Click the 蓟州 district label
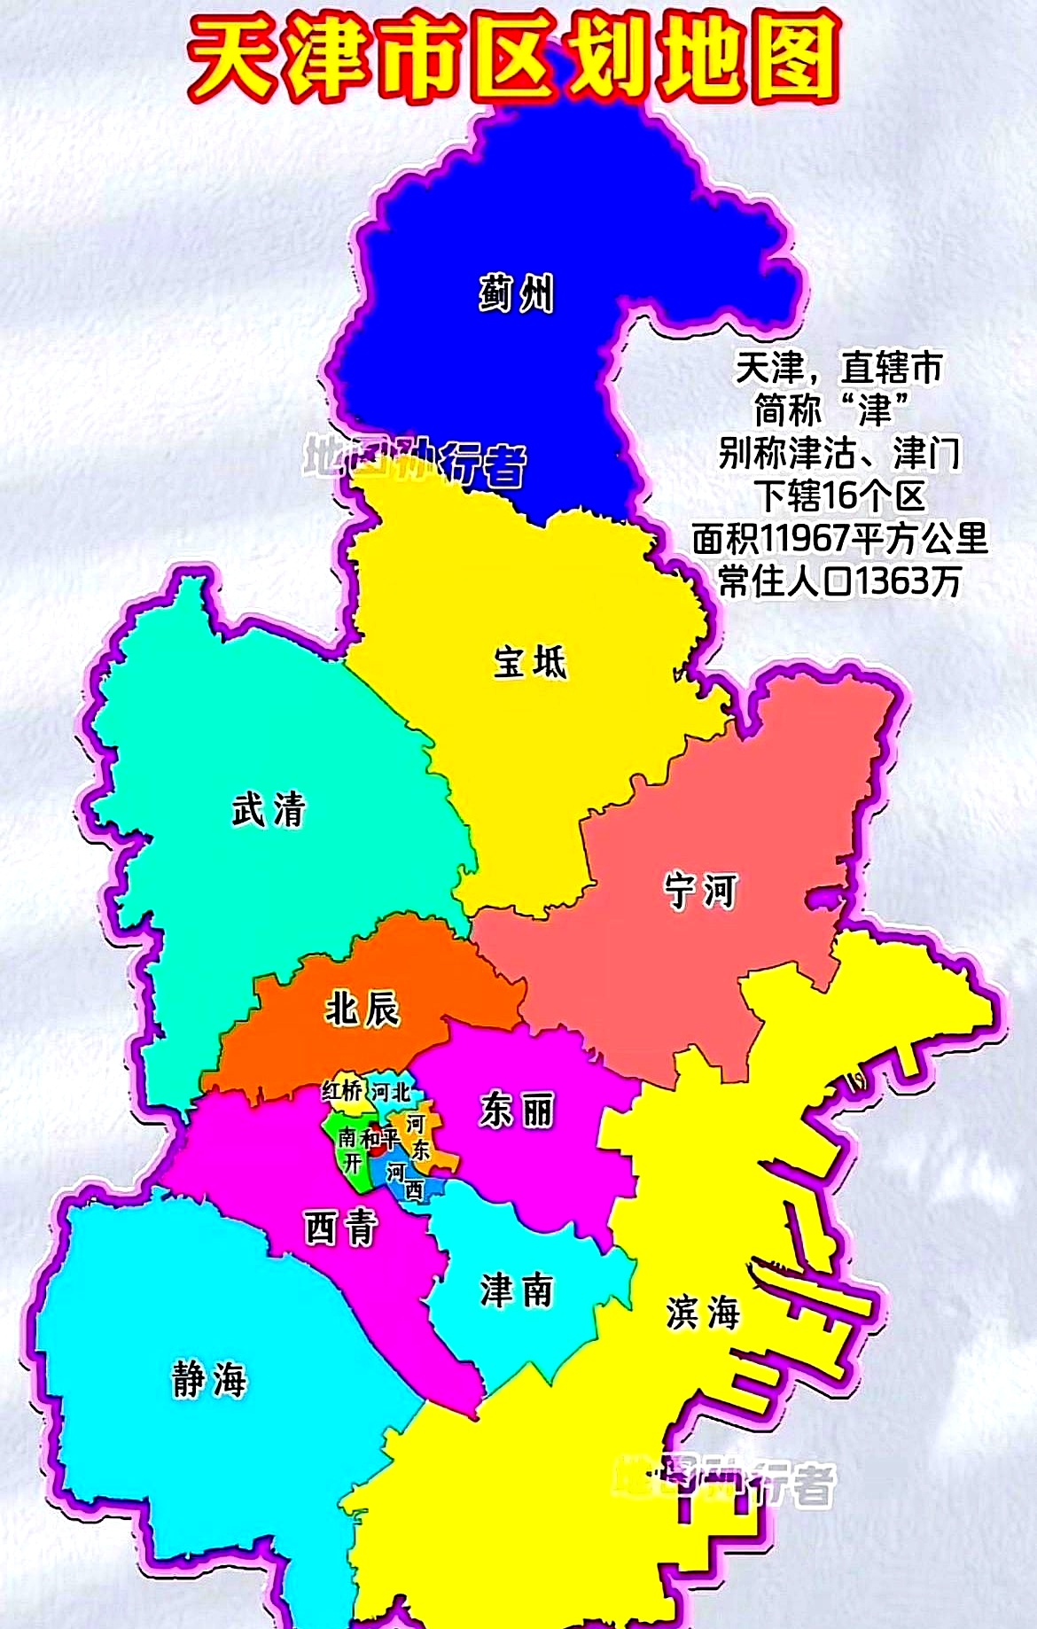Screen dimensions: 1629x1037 pos(517,293)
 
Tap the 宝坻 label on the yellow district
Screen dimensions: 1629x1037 pos(529,662)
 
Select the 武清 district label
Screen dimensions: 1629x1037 pos(269,809)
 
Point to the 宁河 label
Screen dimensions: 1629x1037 pos(700,890)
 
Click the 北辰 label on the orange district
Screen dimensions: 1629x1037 pos(362,1008)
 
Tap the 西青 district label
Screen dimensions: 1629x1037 pos(341,1228)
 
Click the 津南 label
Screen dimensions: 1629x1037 pos(517,1290)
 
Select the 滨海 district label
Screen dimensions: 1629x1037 pos(702,1313)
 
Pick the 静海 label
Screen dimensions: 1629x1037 pos(209,1380)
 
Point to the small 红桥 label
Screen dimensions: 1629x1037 pos(341,1092)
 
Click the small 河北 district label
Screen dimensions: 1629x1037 pos(391,1092)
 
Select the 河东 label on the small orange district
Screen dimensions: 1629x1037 pos(417,1137)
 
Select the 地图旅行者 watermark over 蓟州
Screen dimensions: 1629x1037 pos(415,461)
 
